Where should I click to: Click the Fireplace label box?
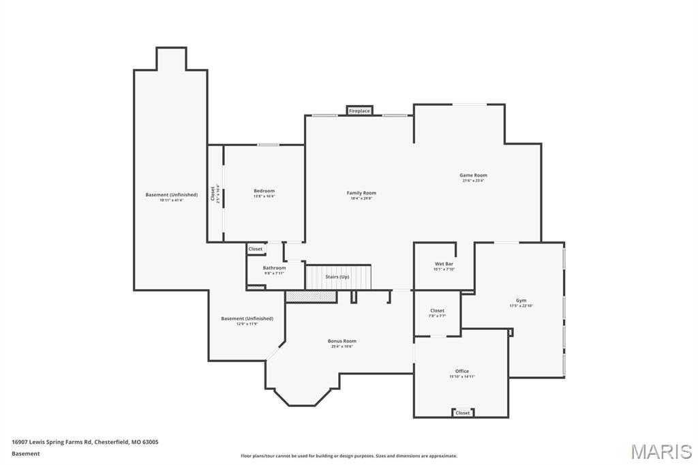point(359,110)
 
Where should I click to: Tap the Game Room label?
point(473,176)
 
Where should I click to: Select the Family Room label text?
point(361,194)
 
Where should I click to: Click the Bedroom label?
point(264,192)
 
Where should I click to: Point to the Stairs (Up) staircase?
point(337,277)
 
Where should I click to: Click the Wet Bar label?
point(444,265)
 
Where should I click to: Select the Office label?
point(461,372)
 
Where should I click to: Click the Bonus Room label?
point(342,342)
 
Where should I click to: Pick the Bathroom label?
point(274,269)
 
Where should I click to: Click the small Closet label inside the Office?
point(462,412)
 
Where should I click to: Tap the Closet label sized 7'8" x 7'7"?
point(437,312)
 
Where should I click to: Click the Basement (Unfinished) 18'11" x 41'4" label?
point(171,196)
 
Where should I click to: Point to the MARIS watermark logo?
point(661,451)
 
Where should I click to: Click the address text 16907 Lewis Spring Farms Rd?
point(85,442)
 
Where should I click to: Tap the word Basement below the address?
point(26,453)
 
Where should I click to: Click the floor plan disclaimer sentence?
point(348,455)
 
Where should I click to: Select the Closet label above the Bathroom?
point(255,249)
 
